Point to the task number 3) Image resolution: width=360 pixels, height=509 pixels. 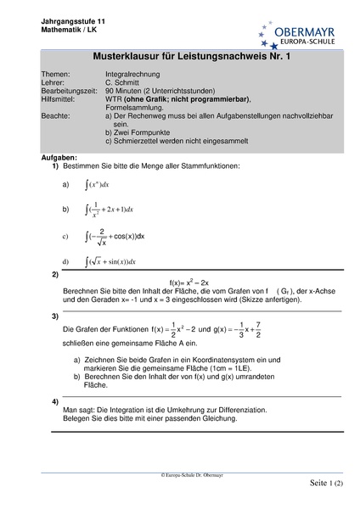55,316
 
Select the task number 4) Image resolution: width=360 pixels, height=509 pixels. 55,400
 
